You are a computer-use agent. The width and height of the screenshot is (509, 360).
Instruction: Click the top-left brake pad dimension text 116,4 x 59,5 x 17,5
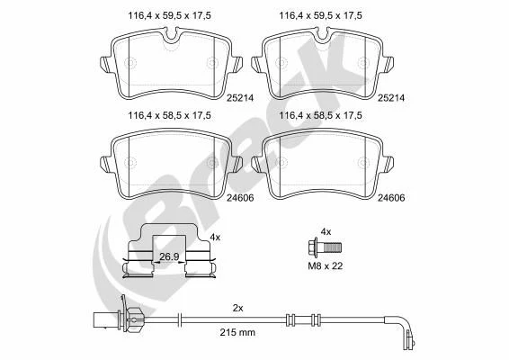(x=169, y=15)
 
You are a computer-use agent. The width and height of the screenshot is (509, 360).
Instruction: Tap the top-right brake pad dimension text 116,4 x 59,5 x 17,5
(x=321, y=15)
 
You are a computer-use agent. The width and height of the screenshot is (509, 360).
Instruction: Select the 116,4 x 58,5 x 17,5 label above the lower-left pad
(x=169, y=115)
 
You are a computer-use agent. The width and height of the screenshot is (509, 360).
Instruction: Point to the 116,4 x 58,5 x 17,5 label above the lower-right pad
(x=321, y=115)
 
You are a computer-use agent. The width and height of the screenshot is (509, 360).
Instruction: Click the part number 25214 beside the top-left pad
(x=240, y=98)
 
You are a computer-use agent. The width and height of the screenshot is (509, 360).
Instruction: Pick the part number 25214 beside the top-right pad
(x=391, y=98)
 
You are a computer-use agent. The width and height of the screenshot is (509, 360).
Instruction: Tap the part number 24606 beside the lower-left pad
(x=240, y=198)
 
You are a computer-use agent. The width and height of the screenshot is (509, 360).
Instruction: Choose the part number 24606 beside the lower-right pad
(x=391, y=198)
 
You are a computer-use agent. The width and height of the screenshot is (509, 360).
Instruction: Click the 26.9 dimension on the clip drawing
(x=169, y=256)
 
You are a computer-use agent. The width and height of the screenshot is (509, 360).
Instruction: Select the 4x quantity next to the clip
(x=215, y=238)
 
